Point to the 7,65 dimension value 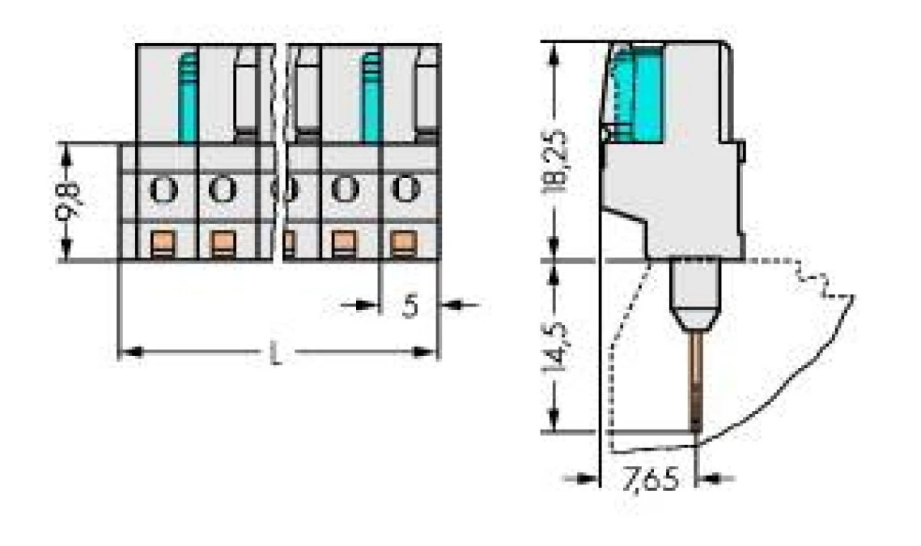(651, 479)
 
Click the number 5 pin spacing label (411, 306)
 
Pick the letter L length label (277, 353)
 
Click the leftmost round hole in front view (164, 189)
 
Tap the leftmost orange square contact (164, 241)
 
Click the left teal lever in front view (188, 97)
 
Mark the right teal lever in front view (371, 97)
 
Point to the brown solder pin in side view (697, 380)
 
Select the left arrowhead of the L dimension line (129, 353)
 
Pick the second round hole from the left (220, 189)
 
